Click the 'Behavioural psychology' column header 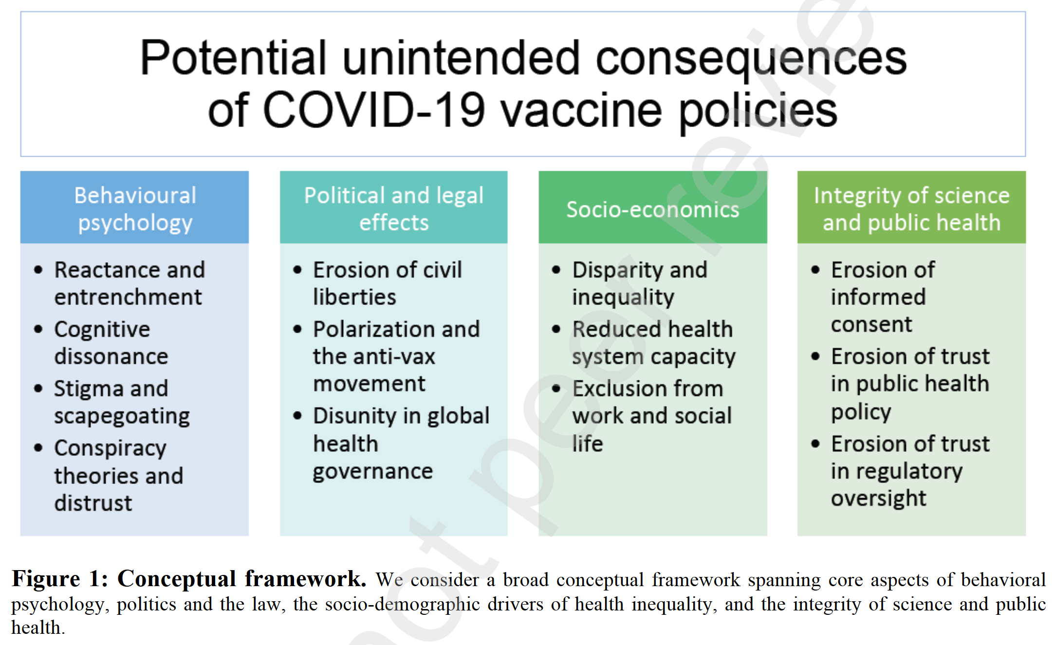[134, 207]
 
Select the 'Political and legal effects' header [393, 207]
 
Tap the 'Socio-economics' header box [653, 207]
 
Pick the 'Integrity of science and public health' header [911, 207]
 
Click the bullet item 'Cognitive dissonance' [111, 342]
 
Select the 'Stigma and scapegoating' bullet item [122, 402]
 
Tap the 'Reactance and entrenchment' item [129, 283]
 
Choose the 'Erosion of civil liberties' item [388, 283]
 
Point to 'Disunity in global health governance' [401, 443]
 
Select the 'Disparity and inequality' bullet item [640, 283]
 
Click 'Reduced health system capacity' [654, 342]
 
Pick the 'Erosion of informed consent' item [883, 297]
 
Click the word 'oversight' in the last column [879, 499]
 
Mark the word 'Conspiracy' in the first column [111, 448]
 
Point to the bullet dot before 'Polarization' [297, 329]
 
